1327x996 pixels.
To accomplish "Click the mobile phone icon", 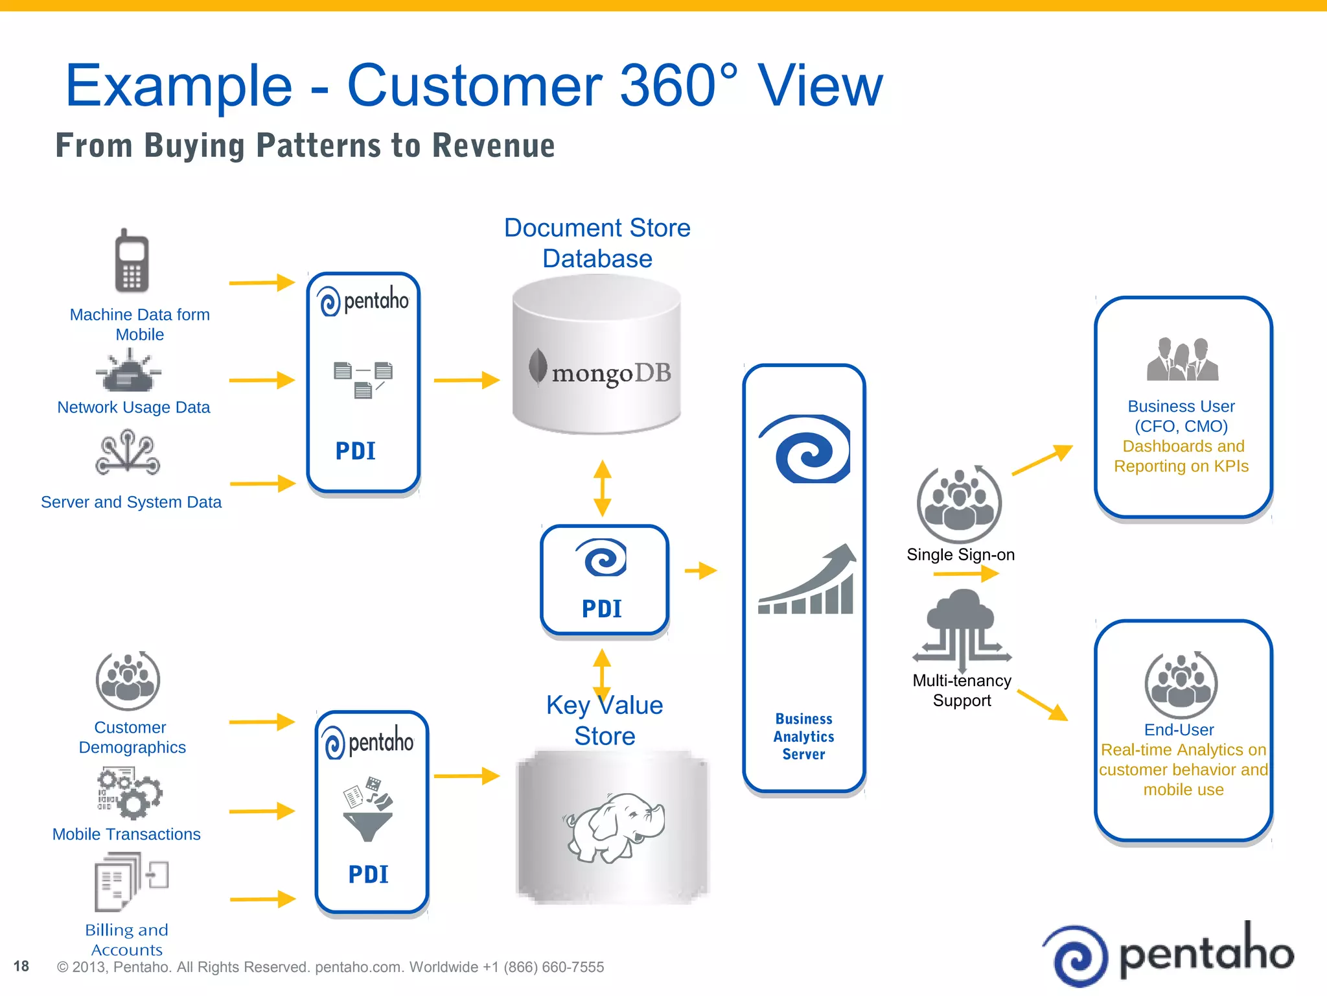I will [x=132, y=261].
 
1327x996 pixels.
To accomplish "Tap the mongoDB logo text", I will [x=610, y=373].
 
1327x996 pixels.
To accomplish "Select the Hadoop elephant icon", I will [x=615, y=827].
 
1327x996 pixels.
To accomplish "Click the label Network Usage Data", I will [x=133, y=407].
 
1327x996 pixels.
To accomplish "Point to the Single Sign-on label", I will [x=960, y=554].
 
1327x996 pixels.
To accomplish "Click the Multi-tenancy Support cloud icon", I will [x=962, y=629].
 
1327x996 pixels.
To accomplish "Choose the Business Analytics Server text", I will [x=803, y=737].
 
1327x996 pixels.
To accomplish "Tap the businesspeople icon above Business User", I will [x=1182, y=359].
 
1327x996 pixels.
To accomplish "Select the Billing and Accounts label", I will [x=127, y=940].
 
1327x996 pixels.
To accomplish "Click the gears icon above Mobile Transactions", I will [x=130, y=792].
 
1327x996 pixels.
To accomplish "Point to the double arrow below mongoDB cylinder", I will [x=602, y=488].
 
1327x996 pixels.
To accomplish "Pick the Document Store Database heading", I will [x=597, y=243].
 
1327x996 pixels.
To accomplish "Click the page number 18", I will [x=21, y=966].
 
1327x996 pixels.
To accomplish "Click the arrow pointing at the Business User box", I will [x=1041, y=460].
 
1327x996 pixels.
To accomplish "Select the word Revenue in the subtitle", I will [x=494, y=145].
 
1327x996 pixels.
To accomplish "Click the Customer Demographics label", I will [x=132, y=737].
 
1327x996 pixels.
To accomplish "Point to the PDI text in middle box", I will [x=602, y=609].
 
